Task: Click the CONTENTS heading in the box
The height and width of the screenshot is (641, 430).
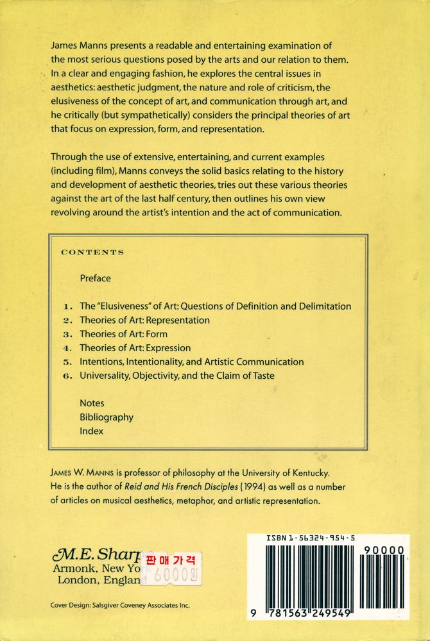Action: (x=92, y=253)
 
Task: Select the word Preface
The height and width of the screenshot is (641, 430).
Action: (x=95, y=278)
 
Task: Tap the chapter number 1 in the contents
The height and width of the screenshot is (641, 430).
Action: (x=67, y=306)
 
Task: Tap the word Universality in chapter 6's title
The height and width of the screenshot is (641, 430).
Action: (x=107, y=376)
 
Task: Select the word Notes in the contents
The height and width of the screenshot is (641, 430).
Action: (x=92, y=403)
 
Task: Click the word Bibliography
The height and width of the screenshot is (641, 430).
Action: (x=107, y=417)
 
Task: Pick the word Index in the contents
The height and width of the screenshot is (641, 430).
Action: (x=91, y=431)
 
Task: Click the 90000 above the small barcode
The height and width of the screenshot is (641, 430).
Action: (x=383, y=550)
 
